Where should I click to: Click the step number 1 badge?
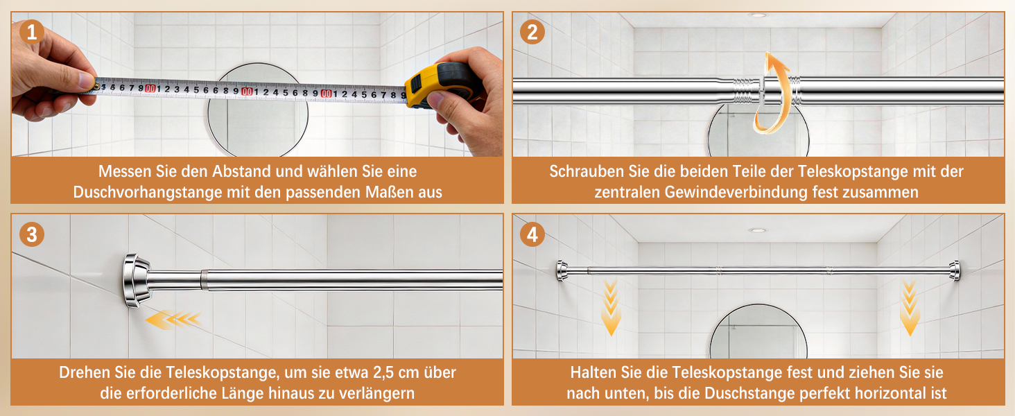[32, 32]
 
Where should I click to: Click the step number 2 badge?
[532, 32]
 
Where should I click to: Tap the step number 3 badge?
[32, 235]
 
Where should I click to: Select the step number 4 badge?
[532, 235]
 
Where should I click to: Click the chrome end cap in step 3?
[137, 281]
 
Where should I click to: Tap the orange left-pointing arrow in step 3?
[173, 320]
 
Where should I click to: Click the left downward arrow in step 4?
[611, 307]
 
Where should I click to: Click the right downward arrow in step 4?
[909, 307]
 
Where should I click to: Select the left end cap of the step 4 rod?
[562, 270]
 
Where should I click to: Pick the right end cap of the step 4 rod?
[954, 270]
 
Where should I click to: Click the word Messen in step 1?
[125, 171]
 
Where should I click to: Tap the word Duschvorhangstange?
[148, 192]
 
